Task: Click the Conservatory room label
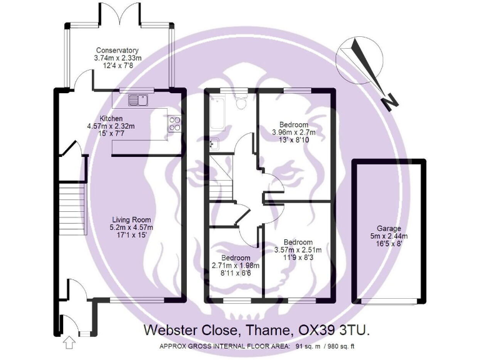click(x=117, y=50)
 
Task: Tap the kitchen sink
click(x=137, y=99)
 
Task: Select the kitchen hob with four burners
click(x=175, y=124)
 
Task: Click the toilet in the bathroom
click(x=241, y=102)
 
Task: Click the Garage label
click(x=389, y=229)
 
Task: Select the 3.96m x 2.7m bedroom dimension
click(x=294, y=132)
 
